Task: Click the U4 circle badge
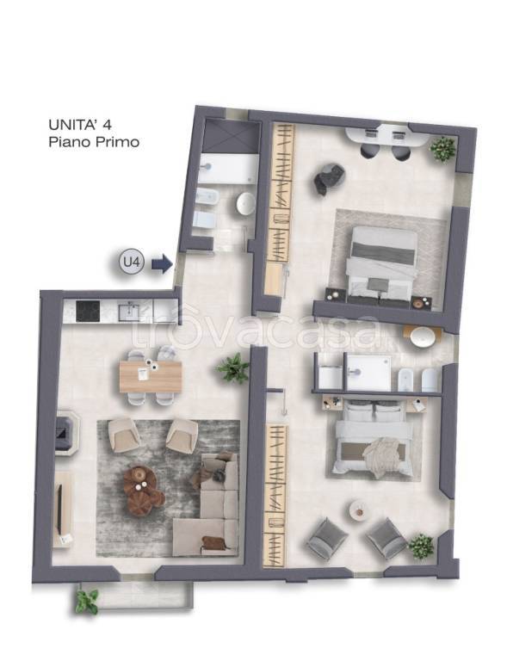[132, 263]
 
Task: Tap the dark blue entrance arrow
[162, 263]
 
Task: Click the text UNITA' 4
[80, 125]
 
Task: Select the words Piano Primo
[94, 142]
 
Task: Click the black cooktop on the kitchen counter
[88, 311]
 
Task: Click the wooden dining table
[151, 377]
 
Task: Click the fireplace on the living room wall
[67, 431]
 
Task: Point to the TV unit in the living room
[62, 510]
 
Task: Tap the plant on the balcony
[87, 601]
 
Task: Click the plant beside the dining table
[233, 368]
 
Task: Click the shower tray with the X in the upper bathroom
[231, 137]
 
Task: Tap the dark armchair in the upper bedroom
[329, 179]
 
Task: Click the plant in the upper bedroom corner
[442, 148]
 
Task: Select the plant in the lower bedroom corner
[421, 547]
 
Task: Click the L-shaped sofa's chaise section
[206, 537]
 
